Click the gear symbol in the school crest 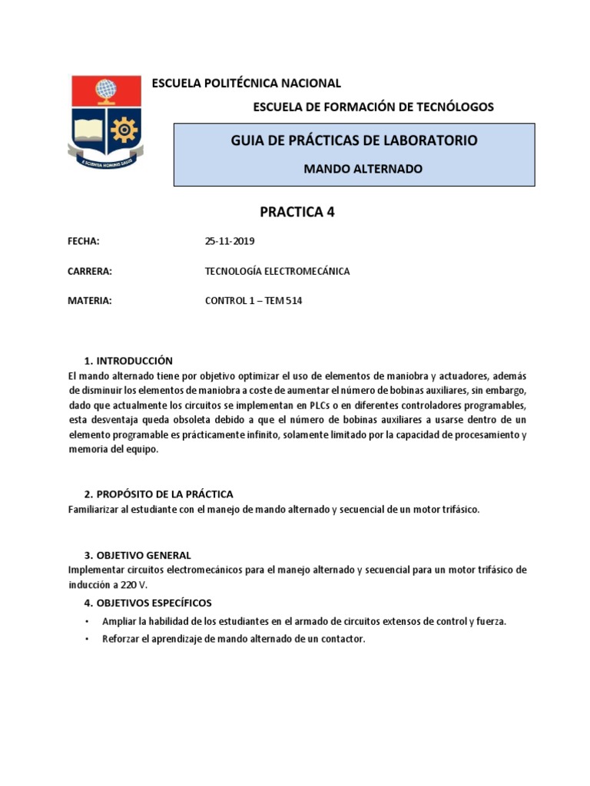(x=123, y=130)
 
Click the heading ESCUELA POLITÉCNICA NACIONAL (x=247, y=83)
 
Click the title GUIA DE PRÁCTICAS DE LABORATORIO (x=354, y=140)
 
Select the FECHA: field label (x=85, y=241)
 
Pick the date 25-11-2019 (x=230, y=241)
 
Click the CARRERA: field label (x=91, y=271)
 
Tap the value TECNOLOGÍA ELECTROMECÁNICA (x=277, y=271)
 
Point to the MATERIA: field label (x=90, y=301)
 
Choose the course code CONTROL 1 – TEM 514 (x=254, y=301)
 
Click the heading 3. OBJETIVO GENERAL (x=138, y=555)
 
